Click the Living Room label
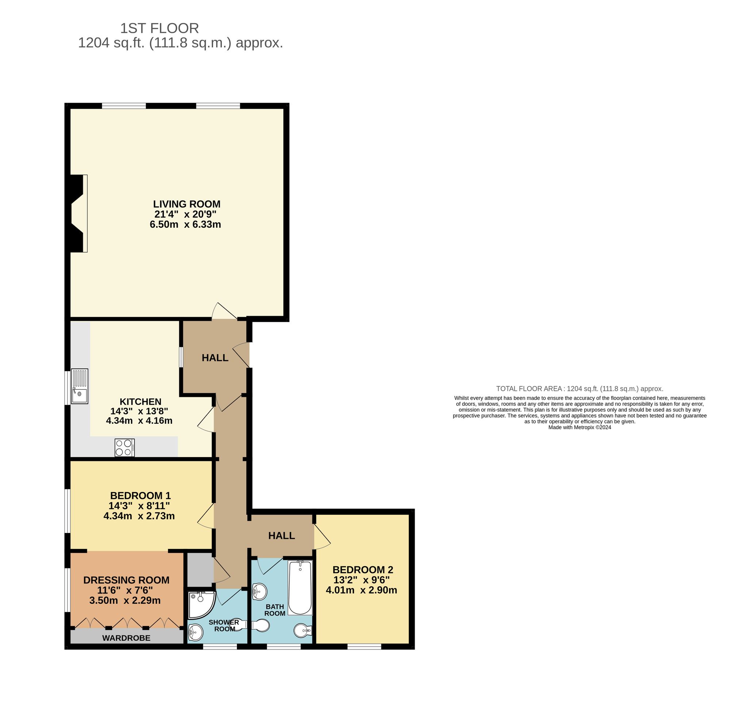click(187, 204)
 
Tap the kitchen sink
click(80, 386)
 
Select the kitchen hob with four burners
click(124, 448)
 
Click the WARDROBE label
click(126, 638)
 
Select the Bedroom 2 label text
click(362, 569)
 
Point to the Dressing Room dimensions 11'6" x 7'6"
click(123, 590)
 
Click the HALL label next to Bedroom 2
click(281, 535)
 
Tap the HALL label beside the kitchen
click(215, 358)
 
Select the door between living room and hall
click(224, 311)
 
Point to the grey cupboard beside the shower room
click(199, 569)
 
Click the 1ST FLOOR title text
click(160, 28)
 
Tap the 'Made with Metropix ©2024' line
click(579, 427)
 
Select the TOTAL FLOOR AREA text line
click(579, 388)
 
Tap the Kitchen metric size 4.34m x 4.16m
click(139, 421)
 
